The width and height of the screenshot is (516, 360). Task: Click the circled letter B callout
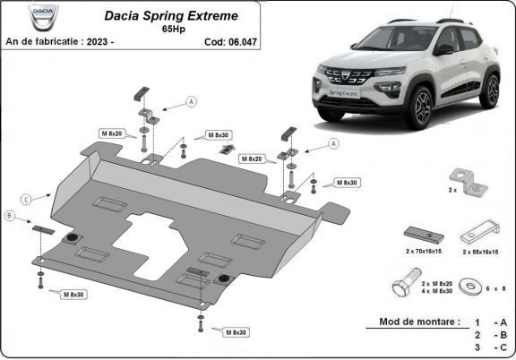10,216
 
